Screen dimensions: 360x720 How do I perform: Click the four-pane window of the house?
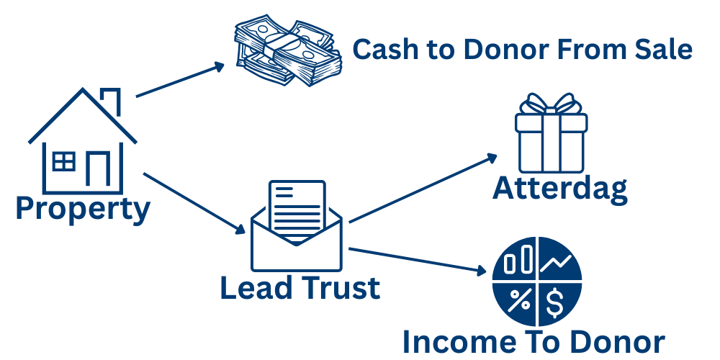64,161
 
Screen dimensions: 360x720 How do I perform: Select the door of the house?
97,168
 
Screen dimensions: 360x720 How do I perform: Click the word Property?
83,209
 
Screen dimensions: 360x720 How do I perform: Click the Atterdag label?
560,188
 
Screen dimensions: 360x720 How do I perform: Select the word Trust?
338,288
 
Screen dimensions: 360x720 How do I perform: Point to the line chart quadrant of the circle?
557,263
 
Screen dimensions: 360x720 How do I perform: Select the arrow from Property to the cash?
180,79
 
